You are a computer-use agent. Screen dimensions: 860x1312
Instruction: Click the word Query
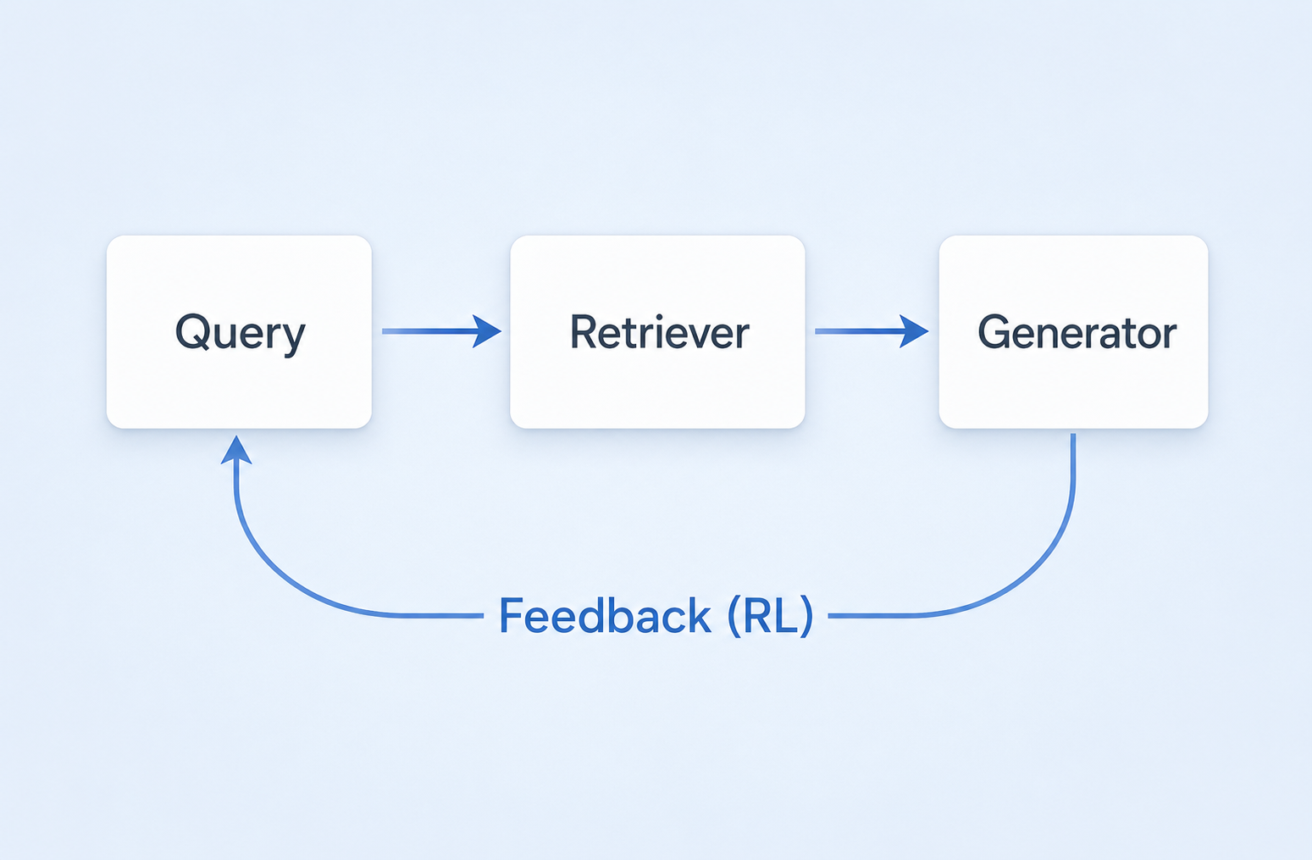pyautogui.click(x=240, y=333)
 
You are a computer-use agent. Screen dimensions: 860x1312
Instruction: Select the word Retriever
pyautogui.click(x=659, y=333)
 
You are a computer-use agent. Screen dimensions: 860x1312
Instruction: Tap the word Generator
pyautogui.click(x=1077, y=333)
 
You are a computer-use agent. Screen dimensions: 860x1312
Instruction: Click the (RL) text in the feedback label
pyautogui.click(x=770, y=616)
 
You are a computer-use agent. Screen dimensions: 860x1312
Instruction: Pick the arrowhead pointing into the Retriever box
pyautogui.click(x=487, y=331)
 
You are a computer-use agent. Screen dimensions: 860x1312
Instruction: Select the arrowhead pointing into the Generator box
pyautogui.click(x=914, y=331)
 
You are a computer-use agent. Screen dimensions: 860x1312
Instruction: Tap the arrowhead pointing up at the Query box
pyautogui.click(x=236, y=451)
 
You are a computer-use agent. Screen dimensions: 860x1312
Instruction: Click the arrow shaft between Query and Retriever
pyautogui.click(x=428, y=331)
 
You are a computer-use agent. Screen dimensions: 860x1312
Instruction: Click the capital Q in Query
pyautogui.click(x=192, y=331)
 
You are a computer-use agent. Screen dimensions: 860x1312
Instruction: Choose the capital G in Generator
pyautogui.click(x=994, y=332)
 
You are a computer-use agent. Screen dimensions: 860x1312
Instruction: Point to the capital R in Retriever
pyautogui.click(x=584, y=332)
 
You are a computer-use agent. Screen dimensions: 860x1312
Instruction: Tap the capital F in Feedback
pyautogui.click(x=511, y=615)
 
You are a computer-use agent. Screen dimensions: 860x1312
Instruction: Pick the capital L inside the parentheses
pyautogui.click(x=785, y=616)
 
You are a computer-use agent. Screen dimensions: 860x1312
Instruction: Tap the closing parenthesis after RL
pyautogui.click(x=807, y=616)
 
